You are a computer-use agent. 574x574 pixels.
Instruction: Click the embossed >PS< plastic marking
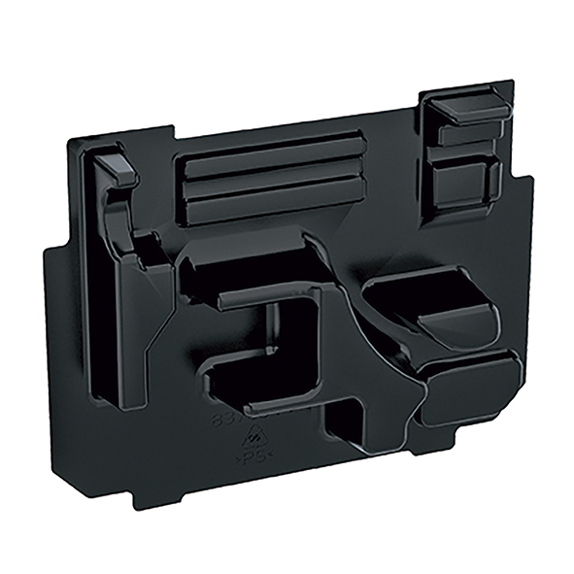point(254,454)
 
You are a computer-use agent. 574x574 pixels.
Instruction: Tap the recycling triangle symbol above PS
point(253,435)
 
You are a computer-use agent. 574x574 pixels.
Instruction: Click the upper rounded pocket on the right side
point(437,306)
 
